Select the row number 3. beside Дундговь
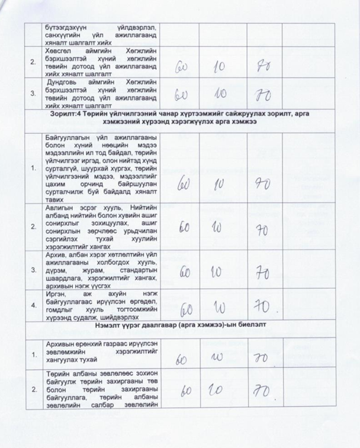(33, 94)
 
